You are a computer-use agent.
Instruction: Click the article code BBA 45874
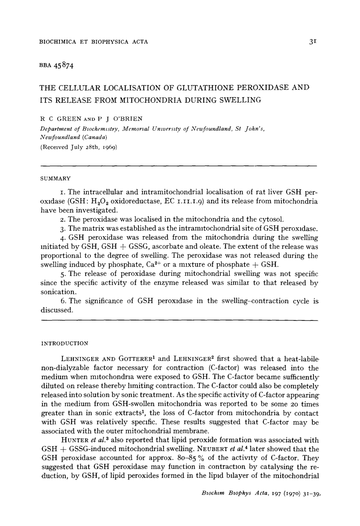coord(57,66)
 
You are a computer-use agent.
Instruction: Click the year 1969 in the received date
coord(109,147)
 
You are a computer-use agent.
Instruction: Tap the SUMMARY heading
coord(56,178)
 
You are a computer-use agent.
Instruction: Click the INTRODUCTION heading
coord(65,343)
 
